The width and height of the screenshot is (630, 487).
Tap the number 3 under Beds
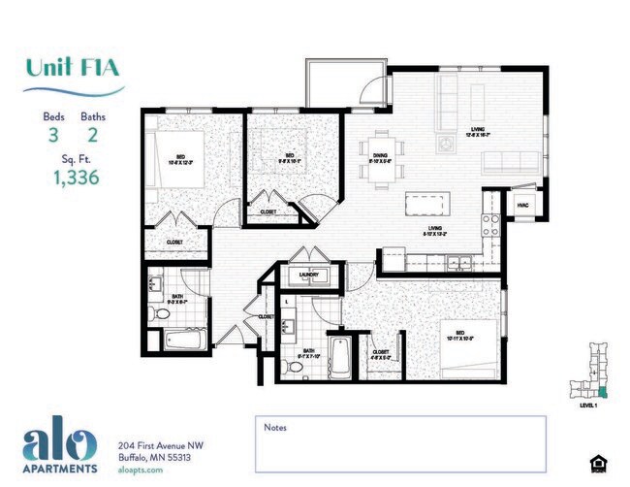53,136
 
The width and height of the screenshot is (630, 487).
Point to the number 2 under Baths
93,136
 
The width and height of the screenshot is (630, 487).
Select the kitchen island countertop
427,205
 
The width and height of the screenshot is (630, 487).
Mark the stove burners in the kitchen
490,225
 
